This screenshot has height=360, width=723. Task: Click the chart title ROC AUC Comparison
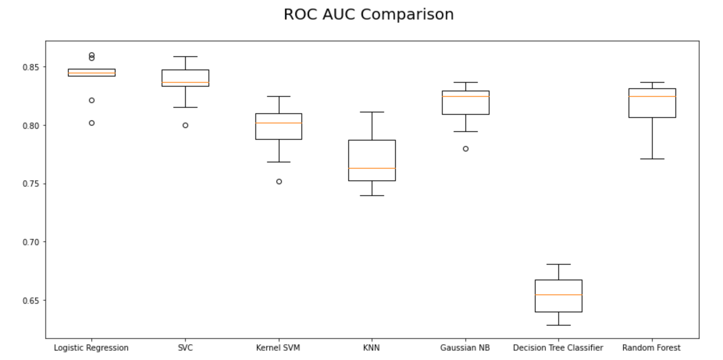[x=369, y=14]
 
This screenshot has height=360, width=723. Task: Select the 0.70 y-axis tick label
[x=31, y=242]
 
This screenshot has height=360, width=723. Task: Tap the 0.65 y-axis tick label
[x=31, y=300]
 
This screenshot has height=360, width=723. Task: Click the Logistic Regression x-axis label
[x=91, y=348]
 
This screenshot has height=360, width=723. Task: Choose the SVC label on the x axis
[x=185, y=348]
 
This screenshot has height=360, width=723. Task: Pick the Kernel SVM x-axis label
[x=278, y=348]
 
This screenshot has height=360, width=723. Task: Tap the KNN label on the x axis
[x=371, y=348]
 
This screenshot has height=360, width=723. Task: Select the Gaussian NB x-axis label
[x=465, y=348]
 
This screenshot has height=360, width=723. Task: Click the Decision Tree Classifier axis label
[x=558, y=348]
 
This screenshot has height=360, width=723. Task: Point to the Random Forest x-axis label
[x=652, y=348]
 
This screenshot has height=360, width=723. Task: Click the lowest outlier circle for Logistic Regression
[x=92, y=123]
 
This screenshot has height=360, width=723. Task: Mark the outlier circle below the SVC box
[x=185, y=125]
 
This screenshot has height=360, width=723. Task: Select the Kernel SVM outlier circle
[x=279, y=182]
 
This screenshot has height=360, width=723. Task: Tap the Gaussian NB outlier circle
[x=466, y=149]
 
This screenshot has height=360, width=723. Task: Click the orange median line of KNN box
[x=372, y=168]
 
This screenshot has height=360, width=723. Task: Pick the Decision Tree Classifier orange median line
[x=559, y=295]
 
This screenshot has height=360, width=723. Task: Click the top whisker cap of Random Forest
[x=652, y=82]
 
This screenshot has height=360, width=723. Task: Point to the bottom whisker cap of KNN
[x=372, y=196]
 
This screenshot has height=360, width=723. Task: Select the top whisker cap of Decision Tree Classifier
[x=559, y=264]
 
